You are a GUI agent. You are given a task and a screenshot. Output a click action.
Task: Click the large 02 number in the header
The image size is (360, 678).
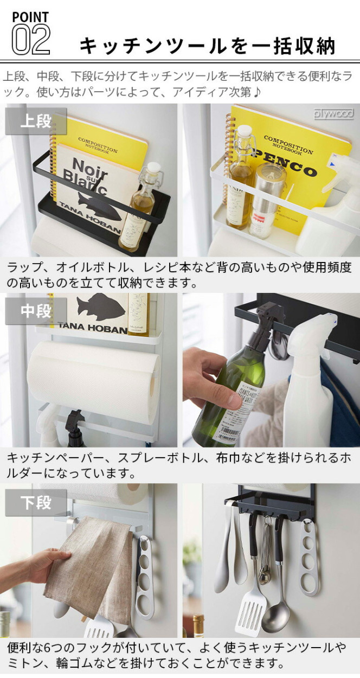[x=31, y=40]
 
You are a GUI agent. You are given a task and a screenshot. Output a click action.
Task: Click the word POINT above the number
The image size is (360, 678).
[x=30, y=17]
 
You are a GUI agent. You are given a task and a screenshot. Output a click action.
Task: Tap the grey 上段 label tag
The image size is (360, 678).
[x=36, y=121]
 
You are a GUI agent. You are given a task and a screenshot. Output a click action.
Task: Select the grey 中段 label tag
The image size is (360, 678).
[x=36, y=311]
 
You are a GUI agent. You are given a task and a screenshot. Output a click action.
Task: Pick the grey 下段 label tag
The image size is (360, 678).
[x=36, y=502]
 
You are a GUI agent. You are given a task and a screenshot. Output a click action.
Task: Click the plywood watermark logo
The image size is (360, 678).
[x=333, y=113]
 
